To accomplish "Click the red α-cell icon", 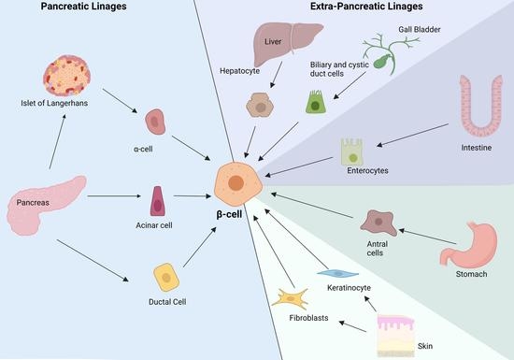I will tap(156, 121).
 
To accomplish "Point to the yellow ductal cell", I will tap(166, 275).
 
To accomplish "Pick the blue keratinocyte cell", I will tap(335, 273).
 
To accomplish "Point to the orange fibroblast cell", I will tap(293, 299).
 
